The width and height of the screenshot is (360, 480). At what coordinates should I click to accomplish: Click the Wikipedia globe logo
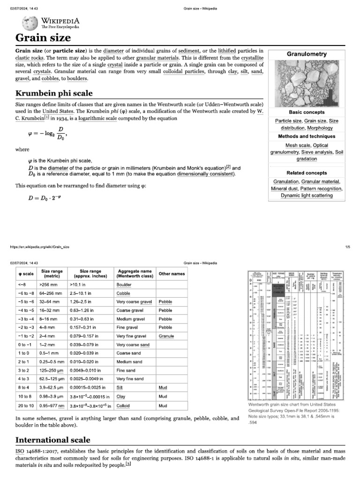[x=26, y=23]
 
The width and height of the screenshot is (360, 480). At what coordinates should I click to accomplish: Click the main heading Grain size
[x=43, y=37]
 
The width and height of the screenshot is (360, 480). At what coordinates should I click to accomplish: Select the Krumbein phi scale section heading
[x=54, y=93]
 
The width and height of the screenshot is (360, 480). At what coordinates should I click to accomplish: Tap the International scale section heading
[x=53, y=440]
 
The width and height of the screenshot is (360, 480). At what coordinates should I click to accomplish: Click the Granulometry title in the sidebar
[x=307, y=54]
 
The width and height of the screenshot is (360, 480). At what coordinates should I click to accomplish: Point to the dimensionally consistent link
[x=204, y=174]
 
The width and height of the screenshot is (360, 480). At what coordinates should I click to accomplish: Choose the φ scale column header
[x=26, y=274]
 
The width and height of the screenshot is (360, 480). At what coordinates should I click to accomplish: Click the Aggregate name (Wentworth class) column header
[x=135, y=274]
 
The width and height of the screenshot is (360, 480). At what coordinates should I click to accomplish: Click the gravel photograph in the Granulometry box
[x=307, y=84]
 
